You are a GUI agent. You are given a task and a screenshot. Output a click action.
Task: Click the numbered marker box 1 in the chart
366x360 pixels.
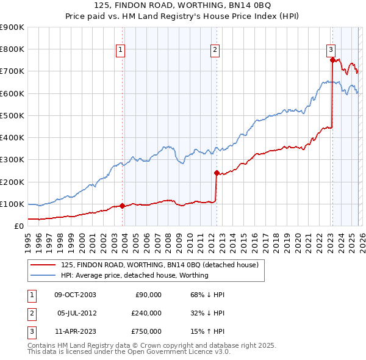120,51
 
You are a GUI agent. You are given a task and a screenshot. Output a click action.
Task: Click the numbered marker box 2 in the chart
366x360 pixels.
215,51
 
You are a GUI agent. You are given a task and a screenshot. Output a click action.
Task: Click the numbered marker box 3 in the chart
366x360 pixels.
330,51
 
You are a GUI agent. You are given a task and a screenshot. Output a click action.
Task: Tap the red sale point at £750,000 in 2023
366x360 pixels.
332,60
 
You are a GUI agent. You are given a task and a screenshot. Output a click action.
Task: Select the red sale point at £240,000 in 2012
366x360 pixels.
217,173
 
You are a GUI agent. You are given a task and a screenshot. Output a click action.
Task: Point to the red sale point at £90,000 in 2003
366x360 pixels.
123,206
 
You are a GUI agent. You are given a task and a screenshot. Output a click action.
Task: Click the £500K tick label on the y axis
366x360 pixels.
12,115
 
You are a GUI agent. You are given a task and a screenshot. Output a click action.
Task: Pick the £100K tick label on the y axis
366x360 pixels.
12,204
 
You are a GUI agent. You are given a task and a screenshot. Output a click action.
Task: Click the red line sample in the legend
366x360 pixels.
43,265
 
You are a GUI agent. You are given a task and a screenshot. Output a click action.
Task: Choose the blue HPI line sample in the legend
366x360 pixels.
43,275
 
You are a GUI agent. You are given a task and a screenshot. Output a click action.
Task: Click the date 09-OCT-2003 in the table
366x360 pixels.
75,295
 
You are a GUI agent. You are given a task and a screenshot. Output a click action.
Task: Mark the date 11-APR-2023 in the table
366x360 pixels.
75,331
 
